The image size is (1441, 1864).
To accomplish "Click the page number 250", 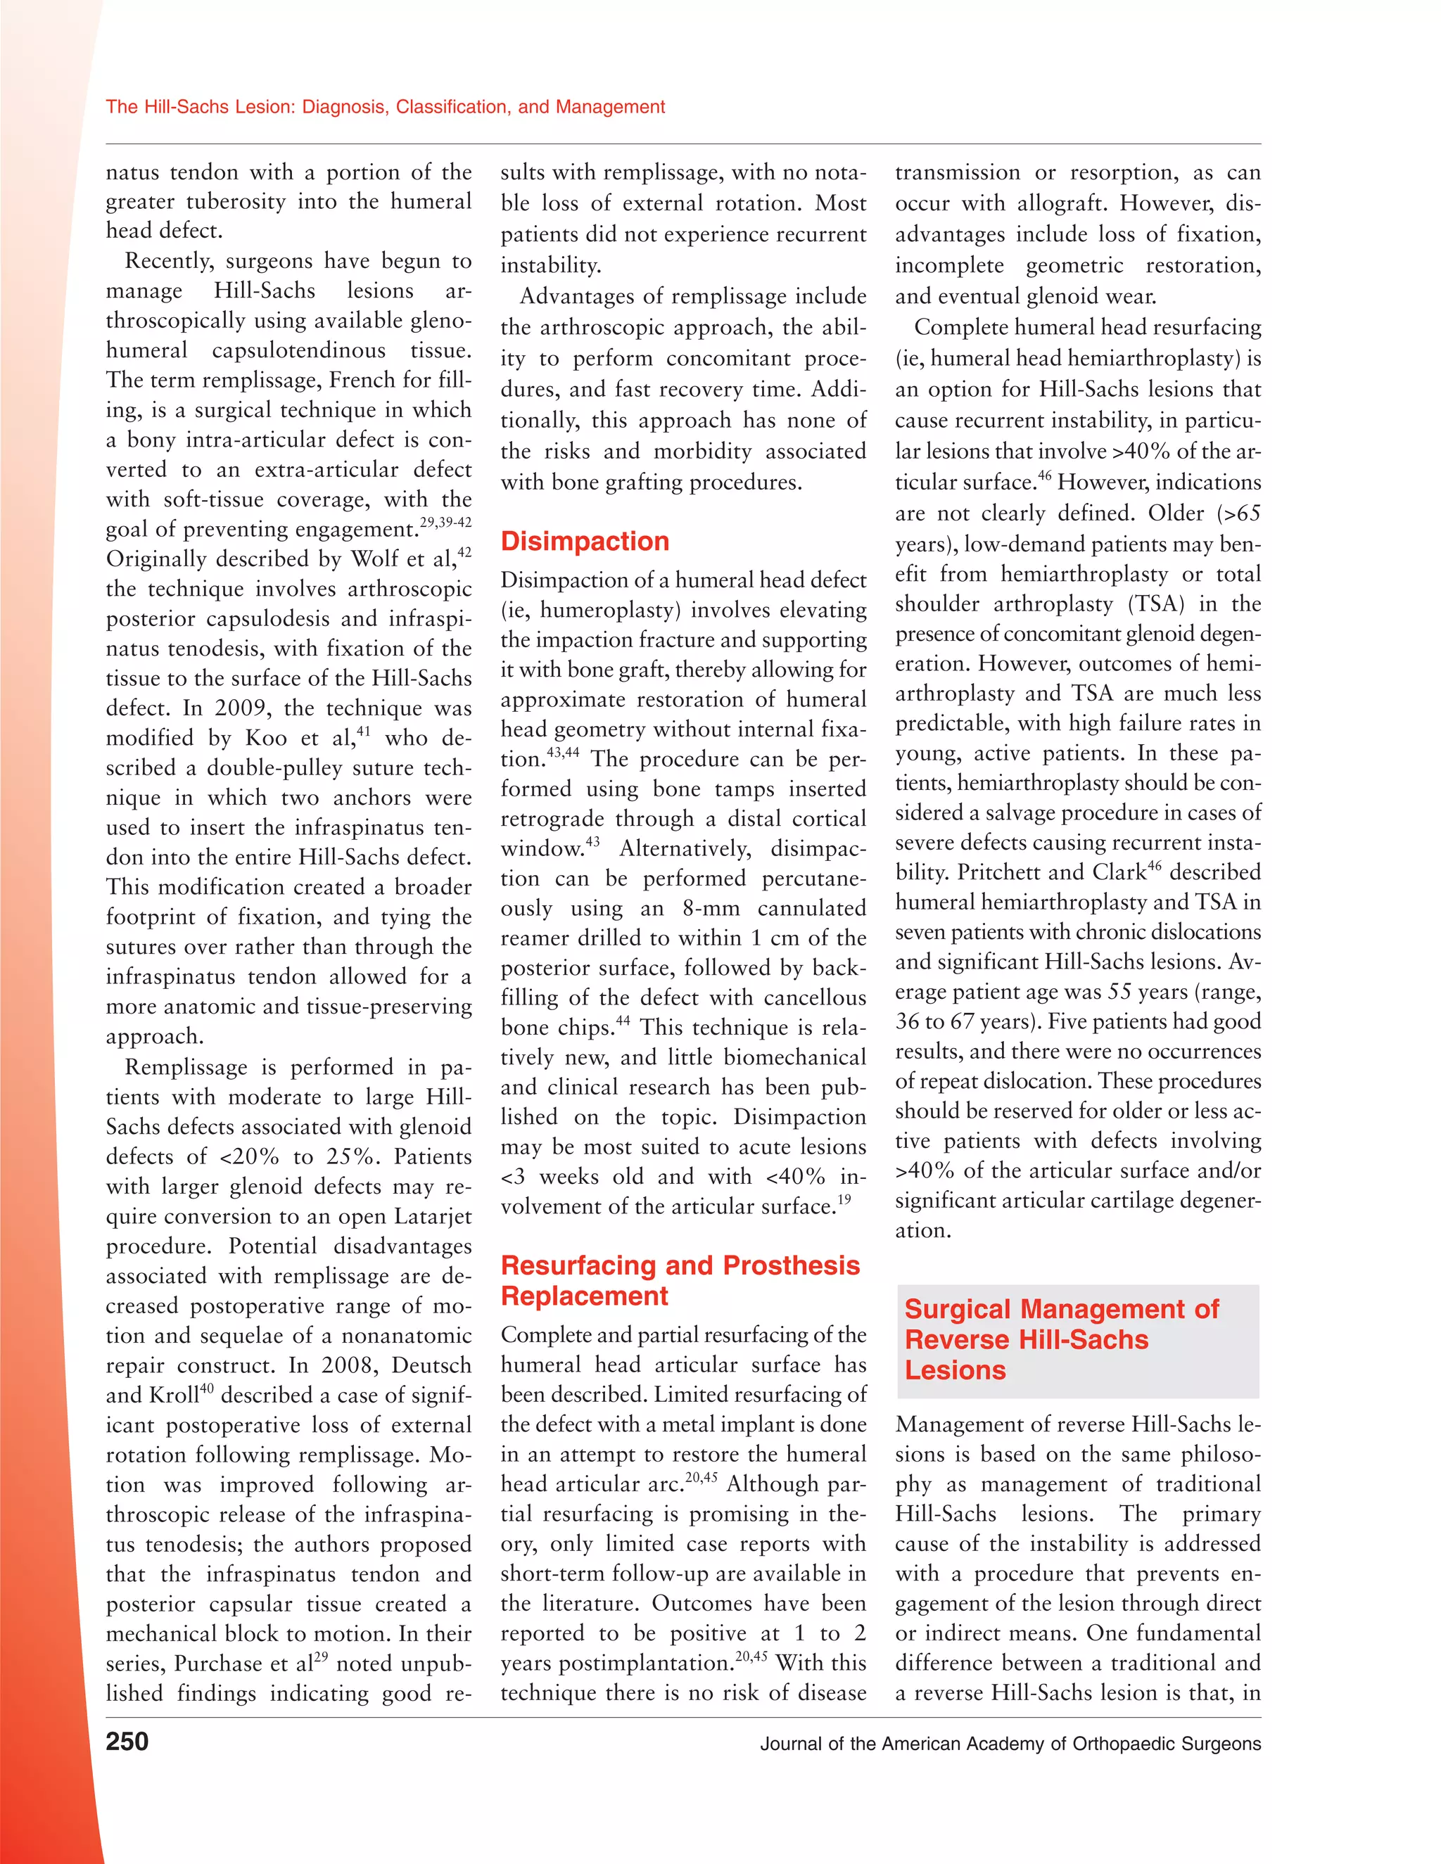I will click(127, 1741).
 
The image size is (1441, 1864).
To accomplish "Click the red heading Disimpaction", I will click(585, 541).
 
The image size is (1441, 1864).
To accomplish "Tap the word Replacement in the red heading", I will click(585, 1296).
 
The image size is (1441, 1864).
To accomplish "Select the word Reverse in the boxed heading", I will click(958, 1339).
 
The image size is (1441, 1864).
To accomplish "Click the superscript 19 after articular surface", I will click(844, 1200).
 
